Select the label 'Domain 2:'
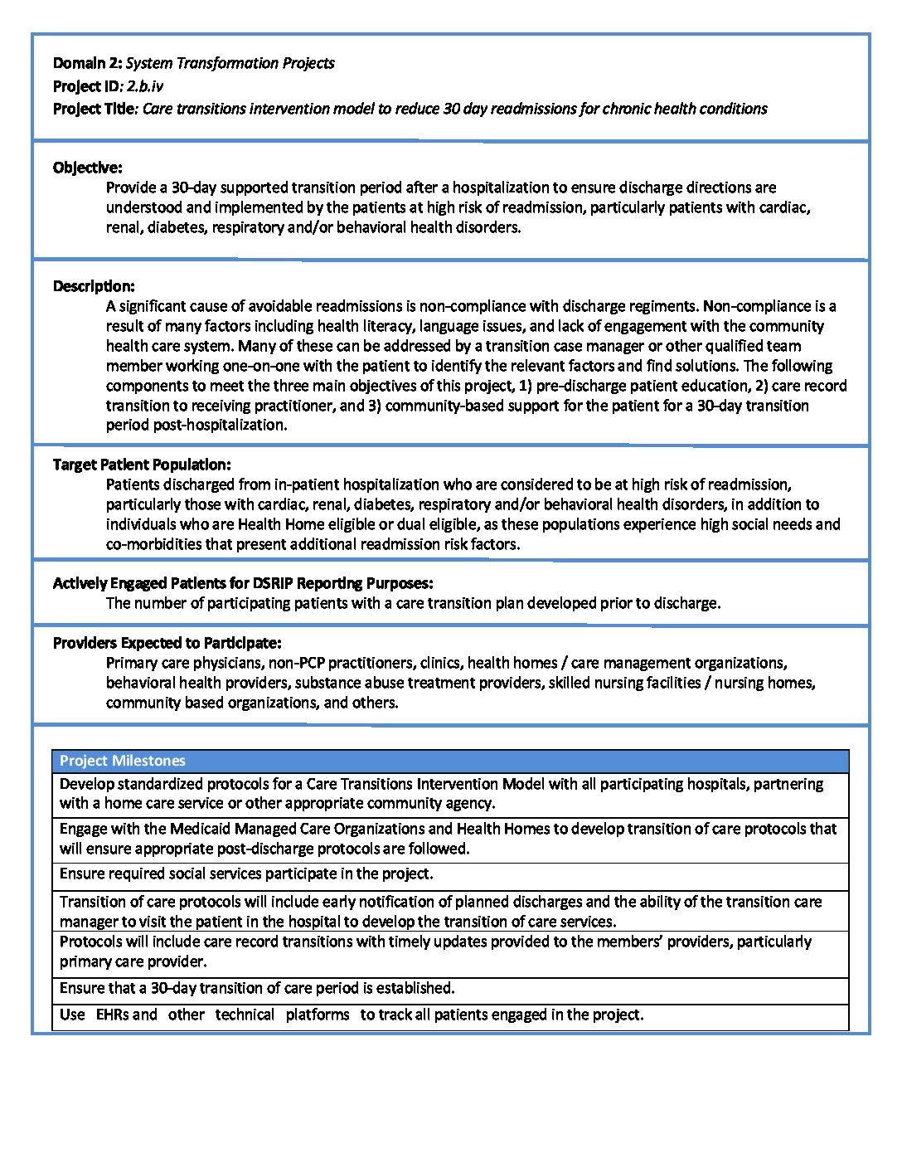87,63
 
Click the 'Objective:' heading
87,168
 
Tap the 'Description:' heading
94,286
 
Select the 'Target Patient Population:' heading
142,465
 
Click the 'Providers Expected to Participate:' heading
167,643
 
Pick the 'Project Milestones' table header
123,761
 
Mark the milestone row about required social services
246,874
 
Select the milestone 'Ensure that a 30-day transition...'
257,988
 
